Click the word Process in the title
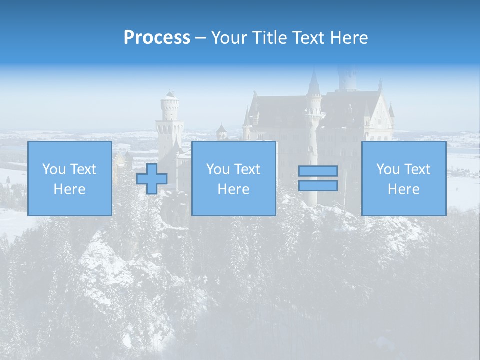157,38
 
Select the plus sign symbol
152,178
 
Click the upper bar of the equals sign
318,171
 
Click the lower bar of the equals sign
318,185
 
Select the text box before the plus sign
69,178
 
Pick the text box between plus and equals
233,178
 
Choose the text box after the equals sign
403,178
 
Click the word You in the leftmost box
53,169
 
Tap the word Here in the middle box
233,189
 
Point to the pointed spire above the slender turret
314,82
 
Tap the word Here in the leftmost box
69,189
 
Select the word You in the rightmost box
387,169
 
